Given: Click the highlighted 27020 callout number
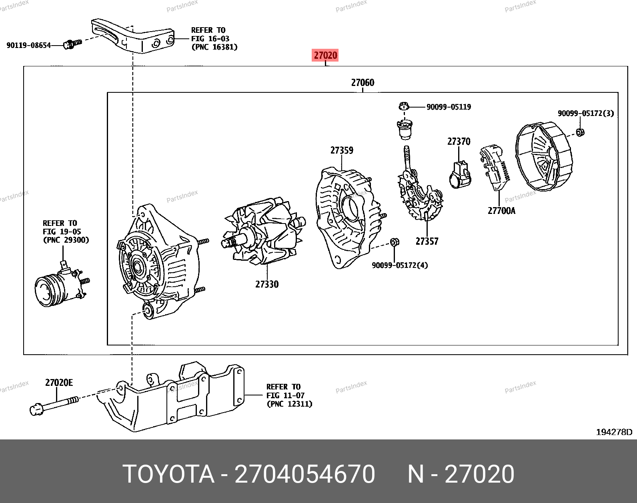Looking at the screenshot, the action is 325,55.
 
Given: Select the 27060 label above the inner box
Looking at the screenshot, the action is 363,82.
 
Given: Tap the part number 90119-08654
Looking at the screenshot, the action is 29,45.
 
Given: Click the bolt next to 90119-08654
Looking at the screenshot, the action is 72,44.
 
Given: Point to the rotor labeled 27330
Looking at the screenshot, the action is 263,231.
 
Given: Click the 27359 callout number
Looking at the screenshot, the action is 342,150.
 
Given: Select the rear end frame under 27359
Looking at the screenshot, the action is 349,218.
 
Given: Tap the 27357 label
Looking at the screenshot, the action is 427,242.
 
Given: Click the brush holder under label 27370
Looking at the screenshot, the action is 460,175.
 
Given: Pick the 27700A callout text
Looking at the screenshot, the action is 501,211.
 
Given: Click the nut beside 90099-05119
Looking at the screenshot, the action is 404,106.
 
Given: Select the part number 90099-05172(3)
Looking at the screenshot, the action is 586,113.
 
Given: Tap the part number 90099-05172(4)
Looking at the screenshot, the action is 400,265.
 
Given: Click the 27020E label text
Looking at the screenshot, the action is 59,383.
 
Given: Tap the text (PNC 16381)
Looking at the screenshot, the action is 214,47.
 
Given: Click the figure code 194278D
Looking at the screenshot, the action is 614,432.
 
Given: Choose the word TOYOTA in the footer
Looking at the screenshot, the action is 168,474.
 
